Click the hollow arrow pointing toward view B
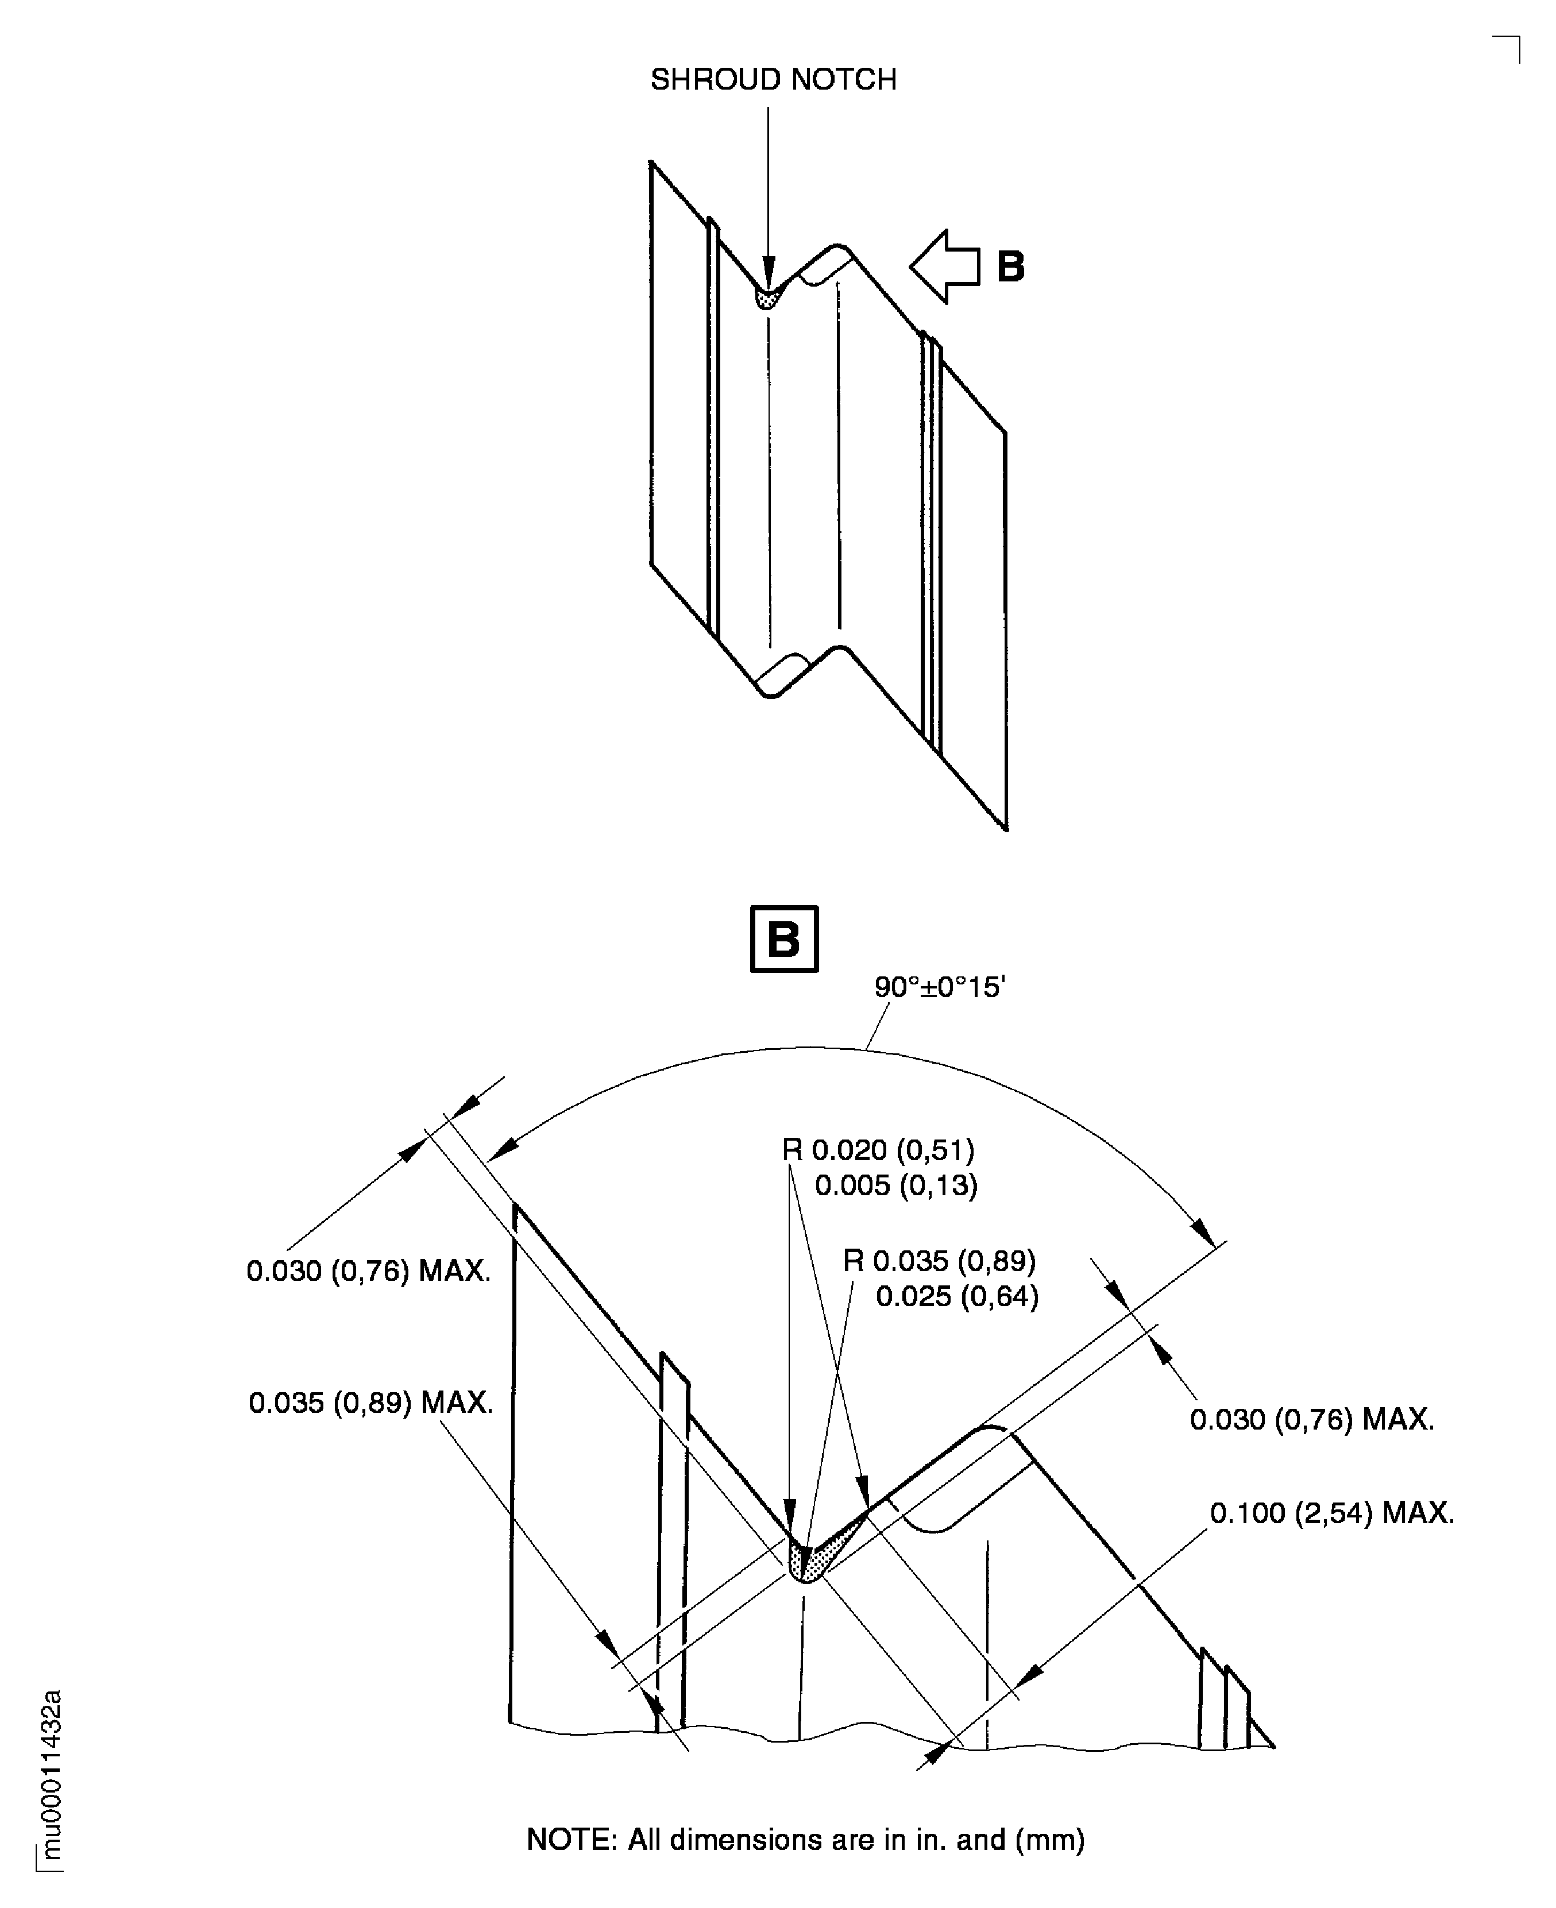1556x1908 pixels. pyautogui.click(x=944, y=266)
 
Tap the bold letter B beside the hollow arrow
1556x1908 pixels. pyautogui.click(x=1010, y=266)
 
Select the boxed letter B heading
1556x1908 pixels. pyautogui.click(x=783, y=939)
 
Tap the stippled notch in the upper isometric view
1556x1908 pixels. pyautogui.click(x=765, y=299)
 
